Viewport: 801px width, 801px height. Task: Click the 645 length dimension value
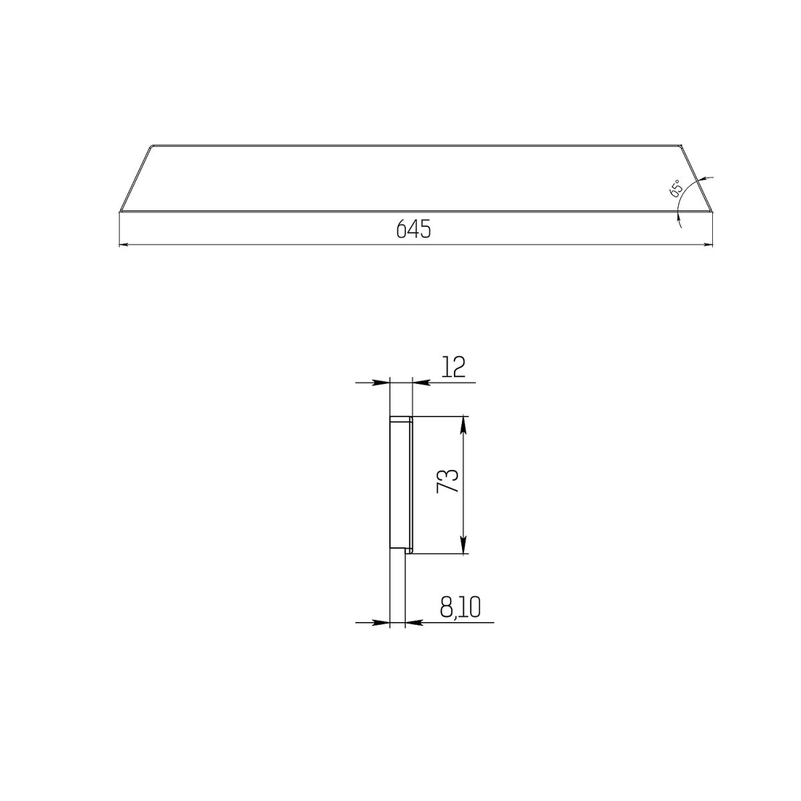413,229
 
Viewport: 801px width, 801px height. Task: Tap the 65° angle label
676,188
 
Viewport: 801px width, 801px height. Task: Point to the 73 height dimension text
448,481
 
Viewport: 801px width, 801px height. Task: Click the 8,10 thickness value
460,607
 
